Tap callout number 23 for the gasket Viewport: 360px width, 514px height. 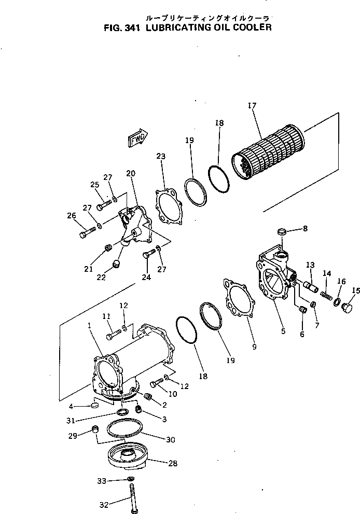[161, 157]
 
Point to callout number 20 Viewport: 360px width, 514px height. [130, 174]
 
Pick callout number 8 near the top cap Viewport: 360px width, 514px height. [305, 228]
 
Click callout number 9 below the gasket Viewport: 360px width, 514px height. [254, 347]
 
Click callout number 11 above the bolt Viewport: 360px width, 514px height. [106, 316]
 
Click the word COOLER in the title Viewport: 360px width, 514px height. [253, 27]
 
